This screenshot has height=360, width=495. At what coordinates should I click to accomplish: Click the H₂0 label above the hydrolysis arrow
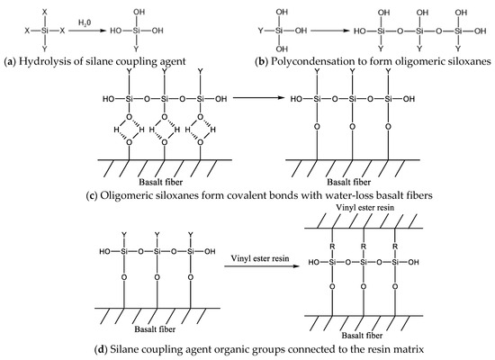(x=85, y=20)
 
